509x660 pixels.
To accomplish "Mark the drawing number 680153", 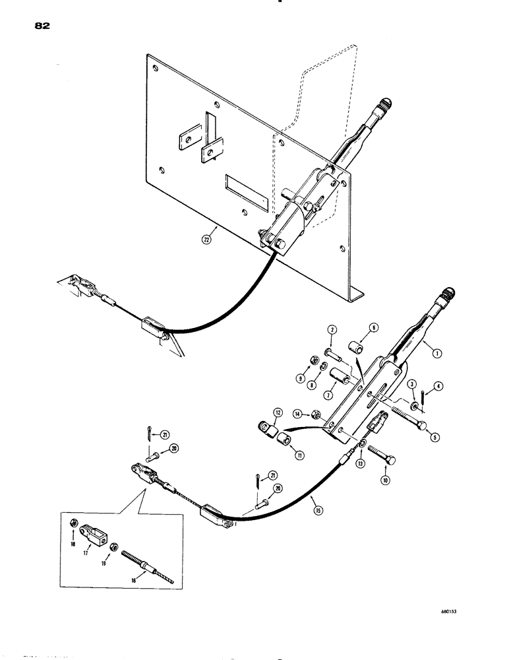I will click(449, 611).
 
